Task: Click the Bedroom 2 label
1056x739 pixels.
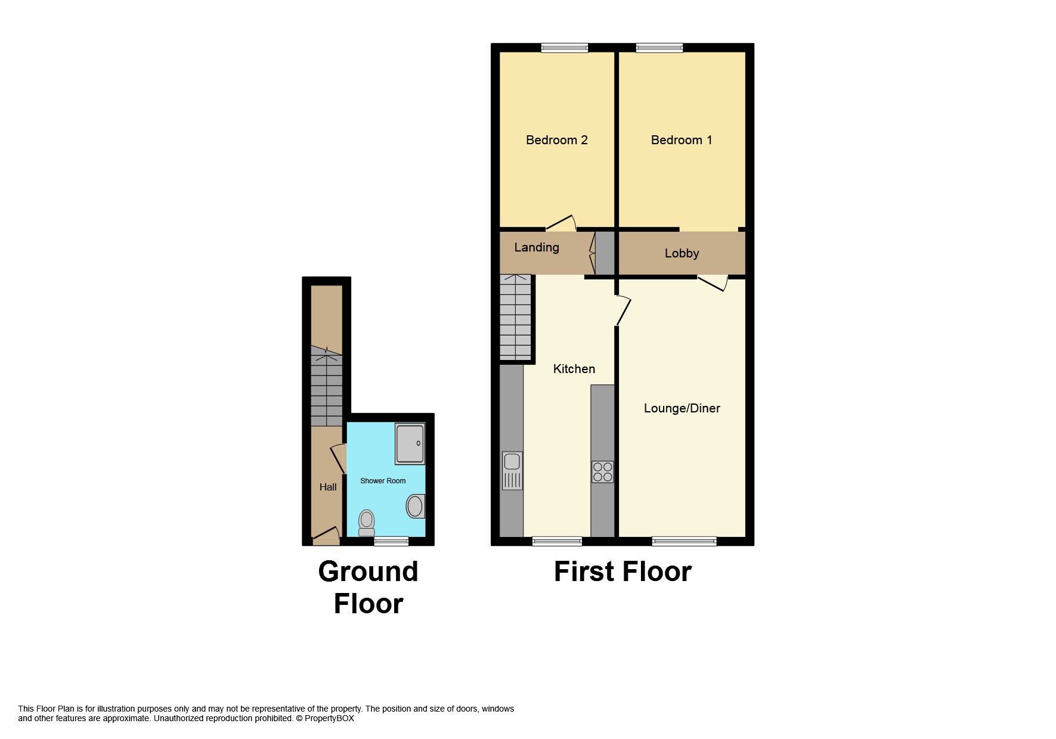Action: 556,140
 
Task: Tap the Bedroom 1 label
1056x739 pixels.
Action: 681,140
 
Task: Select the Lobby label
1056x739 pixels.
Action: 682,253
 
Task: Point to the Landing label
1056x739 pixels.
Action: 537,247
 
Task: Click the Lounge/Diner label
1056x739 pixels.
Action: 682,408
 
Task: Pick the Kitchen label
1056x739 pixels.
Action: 574,369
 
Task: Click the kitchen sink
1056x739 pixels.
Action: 512,470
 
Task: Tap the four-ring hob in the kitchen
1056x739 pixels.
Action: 602,472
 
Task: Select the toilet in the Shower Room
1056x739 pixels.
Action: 366,523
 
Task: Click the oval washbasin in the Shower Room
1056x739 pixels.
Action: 415,507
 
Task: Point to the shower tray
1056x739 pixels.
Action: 410,444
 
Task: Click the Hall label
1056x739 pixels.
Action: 328,487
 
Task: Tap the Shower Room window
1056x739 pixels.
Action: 391,541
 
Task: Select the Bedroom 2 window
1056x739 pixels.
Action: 564,48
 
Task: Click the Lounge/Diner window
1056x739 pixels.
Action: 684,541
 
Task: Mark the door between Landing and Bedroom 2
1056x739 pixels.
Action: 560,223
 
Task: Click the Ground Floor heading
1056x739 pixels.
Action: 368,587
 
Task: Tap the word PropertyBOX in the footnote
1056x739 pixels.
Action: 329,719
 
